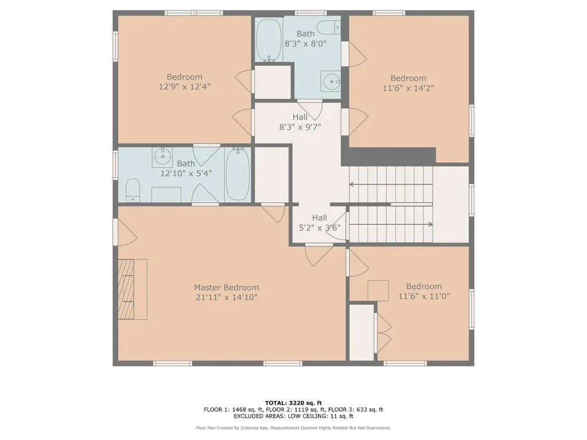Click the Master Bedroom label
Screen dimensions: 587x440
[x=226, y=288]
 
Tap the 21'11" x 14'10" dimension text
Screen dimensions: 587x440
[x=226, y=297]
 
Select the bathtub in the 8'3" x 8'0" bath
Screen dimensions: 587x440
[x=269, y=41]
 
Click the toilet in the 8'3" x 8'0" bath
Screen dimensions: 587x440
[x=328, y=27]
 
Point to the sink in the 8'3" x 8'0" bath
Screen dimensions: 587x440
[x=331, y=81]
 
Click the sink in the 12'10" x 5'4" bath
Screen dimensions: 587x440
[x=162, y=157]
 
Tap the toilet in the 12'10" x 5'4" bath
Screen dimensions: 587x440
[x=132, y=190]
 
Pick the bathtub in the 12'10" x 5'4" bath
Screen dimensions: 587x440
[x=238, y=174]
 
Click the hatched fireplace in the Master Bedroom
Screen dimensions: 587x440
[x=126, y=289]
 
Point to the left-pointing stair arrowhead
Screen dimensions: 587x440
[x=351, y=184]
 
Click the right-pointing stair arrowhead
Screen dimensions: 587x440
[x=431, y=225]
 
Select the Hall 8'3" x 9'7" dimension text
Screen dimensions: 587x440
[x=300, y=127]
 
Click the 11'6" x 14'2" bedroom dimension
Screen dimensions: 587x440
[x=408, y=88]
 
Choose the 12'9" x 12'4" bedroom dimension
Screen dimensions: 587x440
[x=185, y=87]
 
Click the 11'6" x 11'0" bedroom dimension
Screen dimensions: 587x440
[x=424, y=296]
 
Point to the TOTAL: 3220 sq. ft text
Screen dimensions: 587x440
[x=293, y=403]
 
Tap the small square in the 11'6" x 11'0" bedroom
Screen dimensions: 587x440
[x=378, y=290]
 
